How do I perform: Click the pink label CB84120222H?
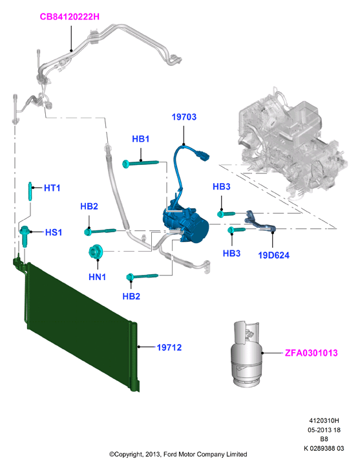point(70,17)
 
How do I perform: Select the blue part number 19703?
point(184,116)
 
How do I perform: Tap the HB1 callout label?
point(141,139)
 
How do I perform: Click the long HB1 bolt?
point(141,163)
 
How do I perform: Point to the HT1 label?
point(52,188)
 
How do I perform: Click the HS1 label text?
point(54,232)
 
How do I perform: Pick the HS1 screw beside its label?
point(25,236)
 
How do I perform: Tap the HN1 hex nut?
point(96,252)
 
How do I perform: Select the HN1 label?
point(98,277)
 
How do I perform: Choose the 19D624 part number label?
point(274,255)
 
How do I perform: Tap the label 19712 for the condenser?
point(169,347)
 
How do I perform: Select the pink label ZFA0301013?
point(312,353)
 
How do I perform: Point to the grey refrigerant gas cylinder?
point(246,354)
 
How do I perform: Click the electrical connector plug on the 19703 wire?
point(202,155)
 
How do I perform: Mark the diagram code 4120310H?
point(324,420)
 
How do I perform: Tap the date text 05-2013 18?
point(324,429)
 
